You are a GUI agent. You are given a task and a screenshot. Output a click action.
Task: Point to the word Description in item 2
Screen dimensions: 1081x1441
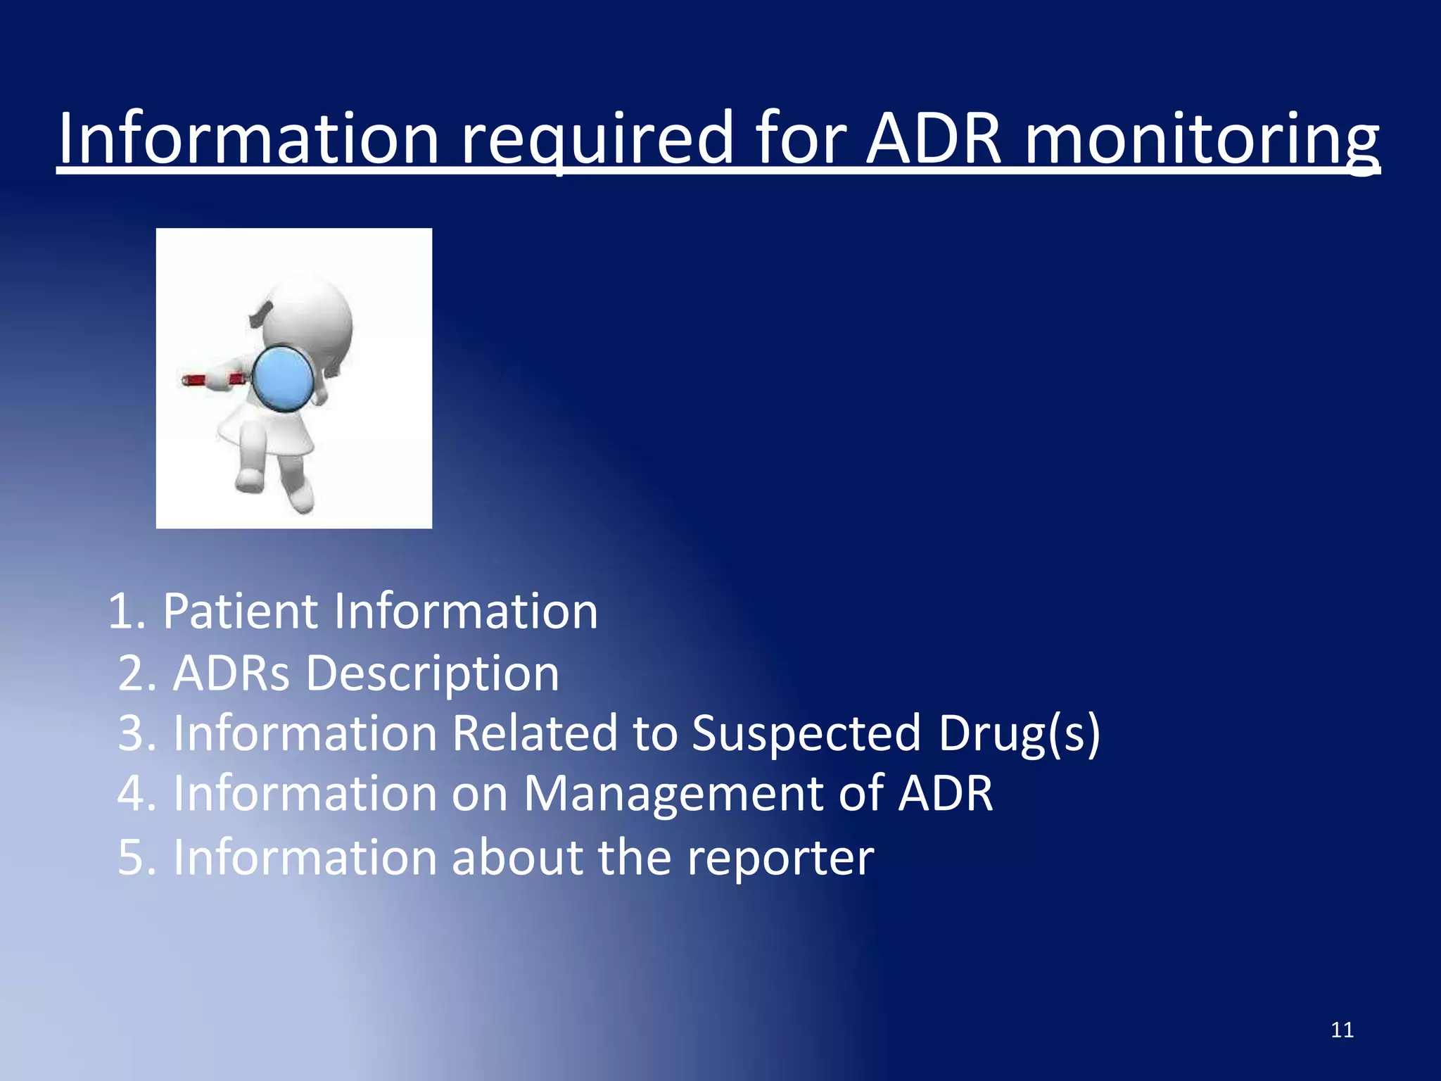coord(432,674)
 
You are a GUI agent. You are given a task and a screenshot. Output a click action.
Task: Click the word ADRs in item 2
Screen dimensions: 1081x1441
coord(231,674)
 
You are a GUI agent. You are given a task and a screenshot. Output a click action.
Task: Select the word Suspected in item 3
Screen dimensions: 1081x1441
coord(806,733)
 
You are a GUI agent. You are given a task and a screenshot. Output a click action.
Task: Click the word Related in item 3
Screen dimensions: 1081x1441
coord(535,733)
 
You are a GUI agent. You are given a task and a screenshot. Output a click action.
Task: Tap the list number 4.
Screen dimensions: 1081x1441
coord(134,794)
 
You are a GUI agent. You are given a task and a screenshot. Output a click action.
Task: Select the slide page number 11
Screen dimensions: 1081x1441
coord(1342,1030)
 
